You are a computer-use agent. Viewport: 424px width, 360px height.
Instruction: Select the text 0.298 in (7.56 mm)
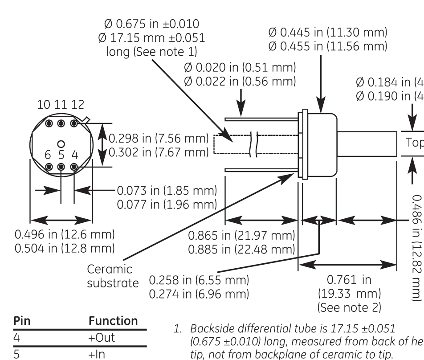pos(158,139)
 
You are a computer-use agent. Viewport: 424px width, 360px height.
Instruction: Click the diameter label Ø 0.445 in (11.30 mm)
pos(328,33)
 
